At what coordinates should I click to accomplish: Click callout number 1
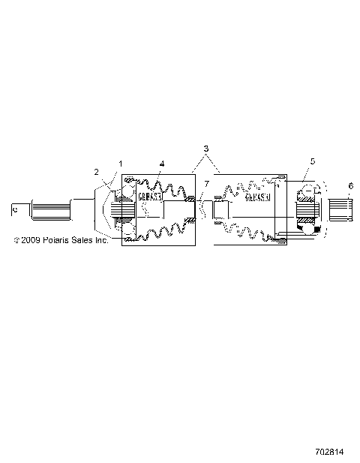click(x=119, y=163)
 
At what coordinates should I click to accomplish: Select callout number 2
click(x=97, y=172)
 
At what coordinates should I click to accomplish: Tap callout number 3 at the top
click(x=205, y=149)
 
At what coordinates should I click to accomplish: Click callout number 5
click(x=312, y=161)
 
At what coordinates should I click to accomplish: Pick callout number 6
click(x=349, y=185)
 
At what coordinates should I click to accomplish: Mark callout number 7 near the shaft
click(x=208, y=185)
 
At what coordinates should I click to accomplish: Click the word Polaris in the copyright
click(x=58, y=241)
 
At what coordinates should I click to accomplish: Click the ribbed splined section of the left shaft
click(x=51, y=208)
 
